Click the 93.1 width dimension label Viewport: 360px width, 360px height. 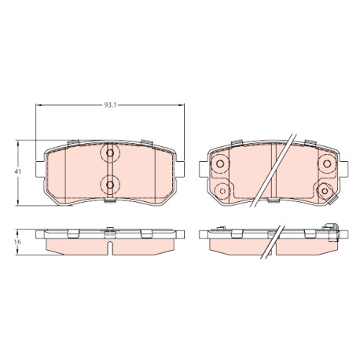(x=110, y=105)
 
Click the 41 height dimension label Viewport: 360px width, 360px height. (x=17, y=172)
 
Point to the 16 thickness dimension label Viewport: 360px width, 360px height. (x=17, y=242)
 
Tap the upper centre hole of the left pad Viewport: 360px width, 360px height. (x=110, y=153)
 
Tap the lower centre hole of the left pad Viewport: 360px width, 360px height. (x=110, y=185)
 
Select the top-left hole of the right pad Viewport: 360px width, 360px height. (x=220, y=163)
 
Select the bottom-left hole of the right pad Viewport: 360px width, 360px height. (x=222, y=191)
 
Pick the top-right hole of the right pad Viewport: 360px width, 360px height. (x=327, y=163)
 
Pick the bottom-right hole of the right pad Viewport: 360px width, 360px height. (x=325, y=191)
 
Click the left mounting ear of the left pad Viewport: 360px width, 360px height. (x=40, y=169)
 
